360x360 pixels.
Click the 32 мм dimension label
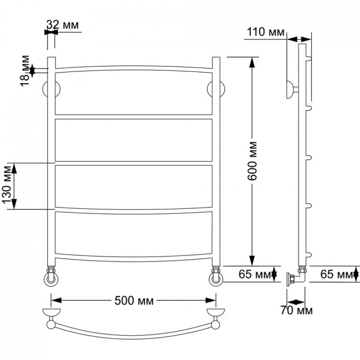(x=63, y=25)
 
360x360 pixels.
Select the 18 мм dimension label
(x=25, y=71)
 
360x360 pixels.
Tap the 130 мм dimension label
(x=7, y=185)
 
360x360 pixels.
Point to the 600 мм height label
(x=252, y=161)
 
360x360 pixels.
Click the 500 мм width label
(x=134, y=301)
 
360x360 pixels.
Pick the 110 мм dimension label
(x=265, y=32)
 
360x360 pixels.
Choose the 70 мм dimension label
(x=296, y=311)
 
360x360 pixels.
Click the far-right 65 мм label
(x=337, y=274)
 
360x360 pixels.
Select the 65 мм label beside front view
(x=255, y=274)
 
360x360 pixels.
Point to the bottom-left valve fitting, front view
(x=51, y=276)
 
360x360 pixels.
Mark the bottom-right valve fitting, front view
(x=216, y=276)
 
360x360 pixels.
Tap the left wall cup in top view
(x=52, y=312)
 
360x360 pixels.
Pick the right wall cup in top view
(x=215, y=312)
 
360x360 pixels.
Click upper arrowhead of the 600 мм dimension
(x=252, y=63)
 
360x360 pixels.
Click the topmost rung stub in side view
(x=309, y=59)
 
